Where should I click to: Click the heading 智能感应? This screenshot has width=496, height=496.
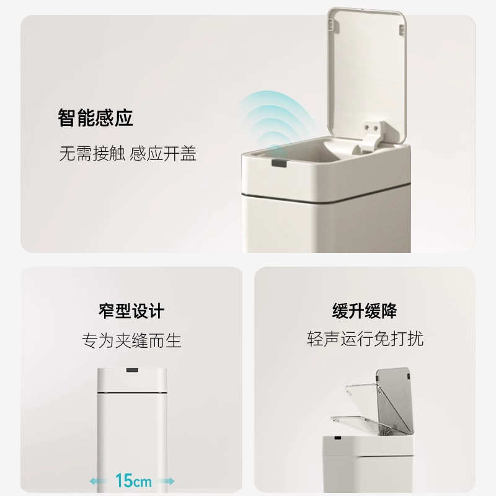tap(95, 118)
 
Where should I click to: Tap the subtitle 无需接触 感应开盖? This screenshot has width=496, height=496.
tap(128, 154)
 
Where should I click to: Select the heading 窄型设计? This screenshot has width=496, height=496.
tap(131, 311)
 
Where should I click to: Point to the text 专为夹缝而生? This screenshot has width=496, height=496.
tap(131, 340)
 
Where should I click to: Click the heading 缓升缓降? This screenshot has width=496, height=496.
tap(365, 311)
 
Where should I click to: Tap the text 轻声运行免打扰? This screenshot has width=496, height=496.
tap(365, 339)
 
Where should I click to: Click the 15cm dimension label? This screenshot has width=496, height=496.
tap(131, 480)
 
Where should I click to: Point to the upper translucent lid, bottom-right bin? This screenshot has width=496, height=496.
tap(394, 397)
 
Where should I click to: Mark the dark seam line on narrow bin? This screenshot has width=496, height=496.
tap(131, 392)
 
